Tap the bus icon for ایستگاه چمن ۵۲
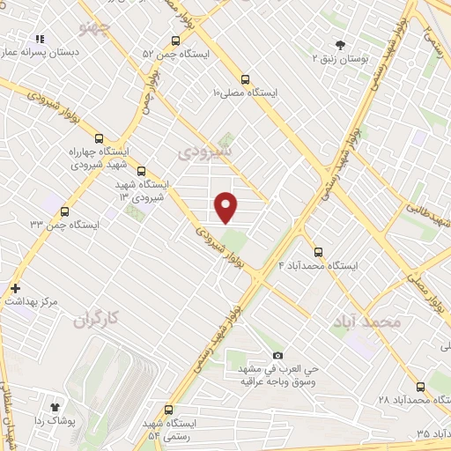(x=175, y=40)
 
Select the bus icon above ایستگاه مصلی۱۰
(x=241, y=77)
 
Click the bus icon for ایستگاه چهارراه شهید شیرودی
(x=99, y=137)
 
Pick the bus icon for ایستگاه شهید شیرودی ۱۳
(x=141, y=172)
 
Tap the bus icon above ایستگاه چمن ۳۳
(x=65, y=211)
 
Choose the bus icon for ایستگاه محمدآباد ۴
(x=319, y=250)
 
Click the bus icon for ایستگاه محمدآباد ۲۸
(x=419, y=386)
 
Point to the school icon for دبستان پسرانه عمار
(x=39, y=40)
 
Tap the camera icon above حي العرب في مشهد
(x=278, y=355)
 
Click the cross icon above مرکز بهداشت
(x=15, y=288)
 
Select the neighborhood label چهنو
(x=97, y=28)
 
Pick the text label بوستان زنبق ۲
(x=341, y=58)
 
